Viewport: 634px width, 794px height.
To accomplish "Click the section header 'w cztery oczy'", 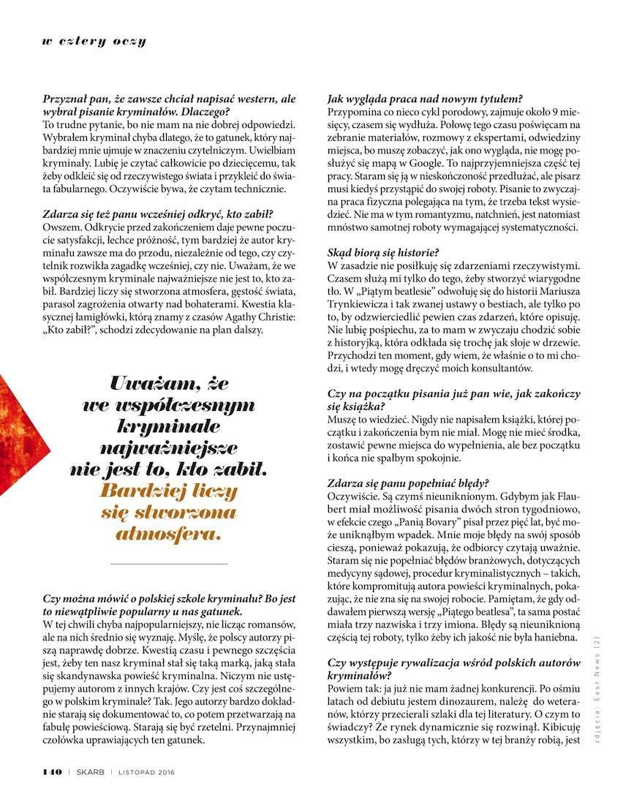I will click(94, 41).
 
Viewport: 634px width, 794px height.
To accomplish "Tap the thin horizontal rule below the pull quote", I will click(168, 564).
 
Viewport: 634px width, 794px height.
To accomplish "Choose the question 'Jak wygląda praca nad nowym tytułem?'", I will click(425, 99).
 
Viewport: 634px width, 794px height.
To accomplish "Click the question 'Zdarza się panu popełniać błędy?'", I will click(409, 483).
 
